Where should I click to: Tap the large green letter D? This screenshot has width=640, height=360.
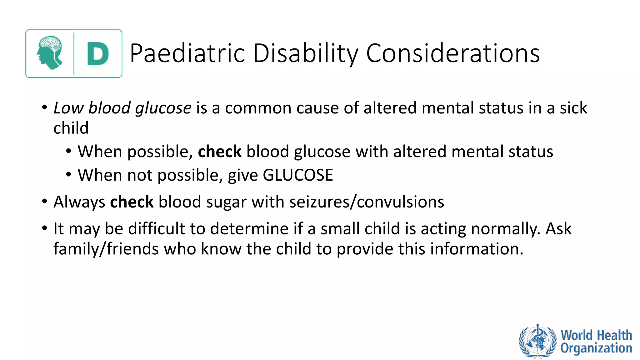(98, 54)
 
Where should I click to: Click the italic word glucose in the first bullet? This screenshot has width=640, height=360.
(163, 108)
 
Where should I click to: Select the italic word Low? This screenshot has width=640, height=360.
(68, 108)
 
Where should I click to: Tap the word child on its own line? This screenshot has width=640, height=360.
(71, 128)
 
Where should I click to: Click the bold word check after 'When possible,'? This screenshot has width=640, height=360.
(219, 152)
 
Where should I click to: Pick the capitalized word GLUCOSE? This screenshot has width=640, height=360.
(298, 175)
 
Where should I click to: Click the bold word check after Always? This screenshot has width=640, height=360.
(132, 202)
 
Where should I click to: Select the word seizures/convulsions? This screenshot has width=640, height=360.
(367, 202)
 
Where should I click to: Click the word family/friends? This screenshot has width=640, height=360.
(106, 249)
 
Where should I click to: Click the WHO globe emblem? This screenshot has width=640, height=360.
(537, 341)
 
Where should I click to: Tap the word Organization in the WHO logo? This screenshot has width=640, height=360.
(596, 348)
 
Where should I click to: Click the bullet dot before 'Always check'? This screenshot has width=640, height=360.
(45, 201)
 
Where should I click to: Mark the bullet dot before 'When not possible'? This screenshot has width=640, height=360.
(69, 174)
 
